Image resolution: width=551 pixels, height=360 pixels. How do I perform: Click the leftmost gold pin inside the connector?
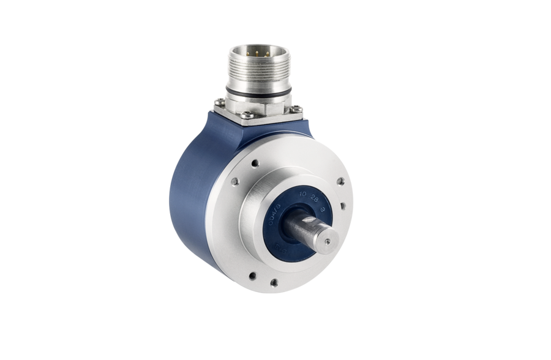point(248,54)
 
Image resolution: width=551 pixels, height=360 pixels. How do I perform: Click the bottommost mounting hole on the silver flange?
point(274,283)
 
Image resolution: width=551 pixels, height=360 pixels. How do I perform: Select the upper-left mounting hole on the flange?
point(235,181)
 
